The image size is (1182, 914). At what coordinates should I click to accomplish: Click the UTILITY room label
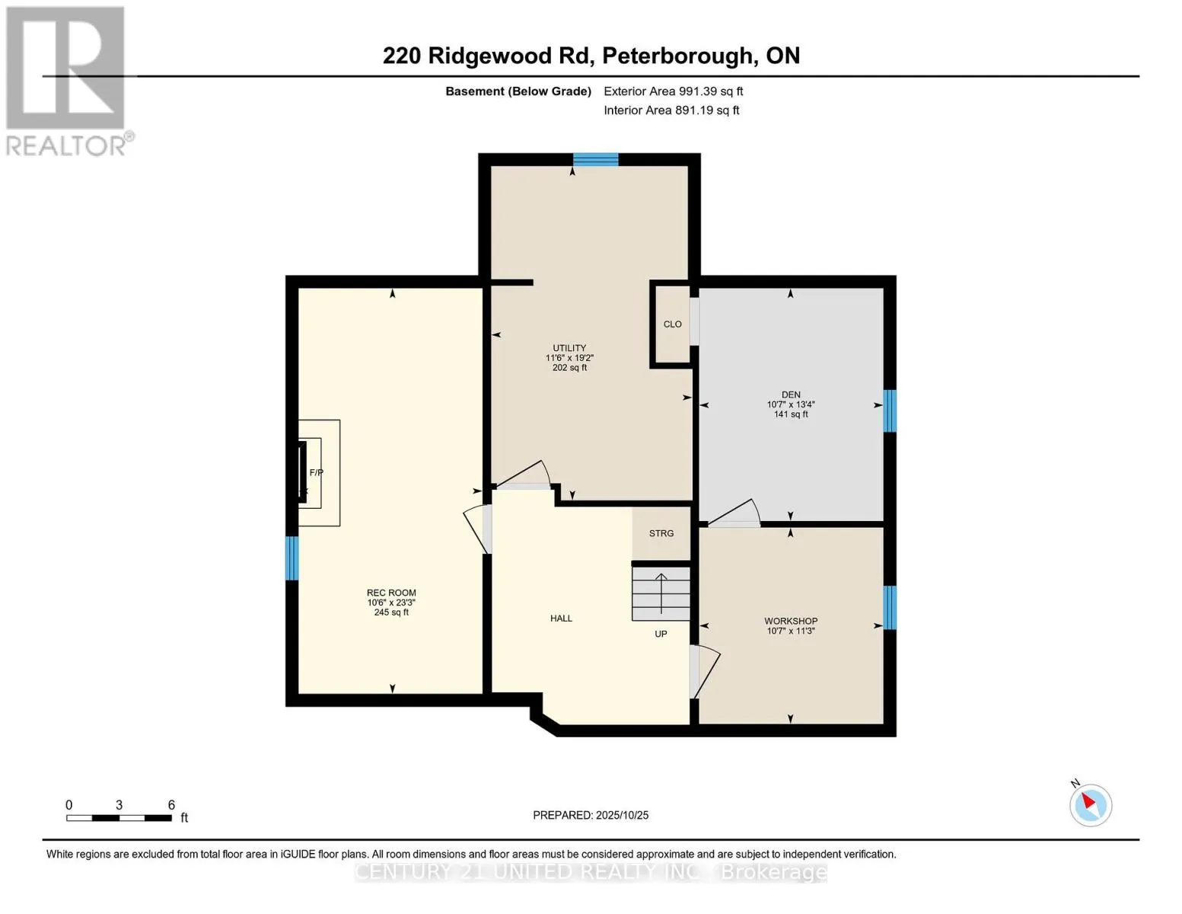pyautogui.click(x=569, y=348)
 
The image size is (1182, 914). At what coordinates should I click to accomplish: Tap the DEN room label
pyautogui.click(x=791, y=395)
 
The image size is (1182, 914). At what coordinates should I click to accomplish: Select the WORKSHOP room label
pyautogui.click(x=791, y=621)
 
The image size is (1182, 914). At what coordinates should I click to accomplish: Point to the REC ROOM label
pyautogui.click(x=391, y=593)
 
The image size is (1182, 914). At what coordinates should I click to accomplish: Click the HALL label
pyautogui.click(x=561, y=618)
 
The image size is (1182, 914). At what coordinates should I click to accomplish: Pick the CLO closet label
pyautogui.click(x=672, y=324)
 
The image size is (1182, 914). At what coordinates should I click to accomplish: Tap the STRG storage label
pyautogui.click(x=661, y=533)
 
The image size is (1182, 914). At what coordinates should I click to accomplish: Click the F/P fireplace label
pyautogui.click(x=316, y=473)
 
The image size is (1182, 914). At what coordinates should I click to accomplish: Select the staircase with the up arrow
pyautogui.click(x=661, y=593)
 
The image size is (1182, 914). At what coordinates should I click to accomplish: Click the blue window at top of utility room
pyautogui.click(x=595, y=159)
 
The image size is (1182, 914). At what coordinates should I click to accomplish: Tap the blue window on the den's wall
pyautogui.click(x=889, y=411)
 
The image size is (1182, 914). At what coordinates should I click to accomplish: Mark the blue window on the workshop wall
pyautogui.click(x=889, y=607)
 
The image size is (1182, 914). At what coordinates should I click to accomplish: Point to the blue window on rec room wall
pyautogui.click(x=292, y=558)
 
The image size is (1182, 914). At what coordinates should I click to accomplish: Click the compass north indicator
pyautogui.click(x=1090, y=804)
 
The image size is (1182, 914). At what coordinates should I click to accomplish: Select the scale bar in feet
pyautogui.click(x=119, y=818)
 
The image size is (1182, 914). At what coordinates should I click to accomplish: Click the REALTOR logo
pyautogui.click(x=67, y=81)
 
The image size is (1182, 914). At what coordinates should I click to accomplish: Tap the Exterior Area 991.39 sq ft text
pyautogui.click(x=673, y=91)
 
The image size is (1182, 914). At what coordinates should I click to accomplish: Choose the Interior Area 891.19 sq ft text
pyautogui.click(x=671, y=110)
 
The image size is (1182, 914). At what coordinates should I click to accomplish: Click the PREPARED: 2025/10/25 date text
pyautogui.click(x=591, y=815)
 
